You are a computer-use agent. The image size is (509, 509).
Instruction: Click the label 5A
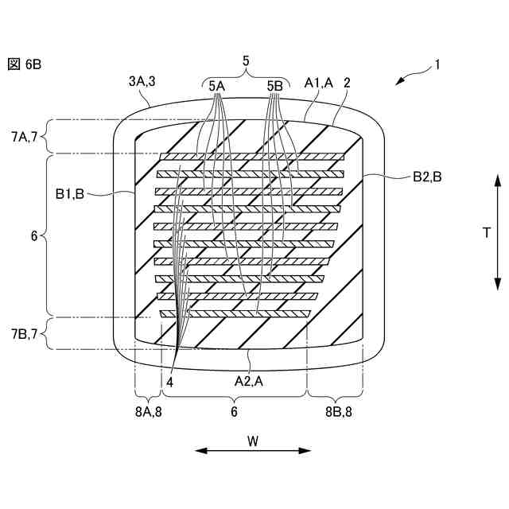pos(217,85)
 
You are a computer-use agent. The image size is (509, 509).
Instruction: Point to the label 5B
pos(275,85)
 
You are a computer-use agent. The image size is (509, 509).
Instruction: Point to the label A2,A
pos(249,381)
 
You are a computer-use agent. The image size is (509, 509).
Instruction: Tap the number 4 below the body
pos(170,382)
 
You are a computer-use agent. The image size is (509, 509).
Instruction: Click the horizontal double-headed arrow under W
pos(253,451)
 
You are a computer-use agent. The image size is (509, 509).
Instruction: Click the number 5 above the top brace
pos(246,60)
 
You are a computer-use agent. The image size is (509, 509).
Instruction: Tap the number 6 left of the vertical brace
pos(33,236)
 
